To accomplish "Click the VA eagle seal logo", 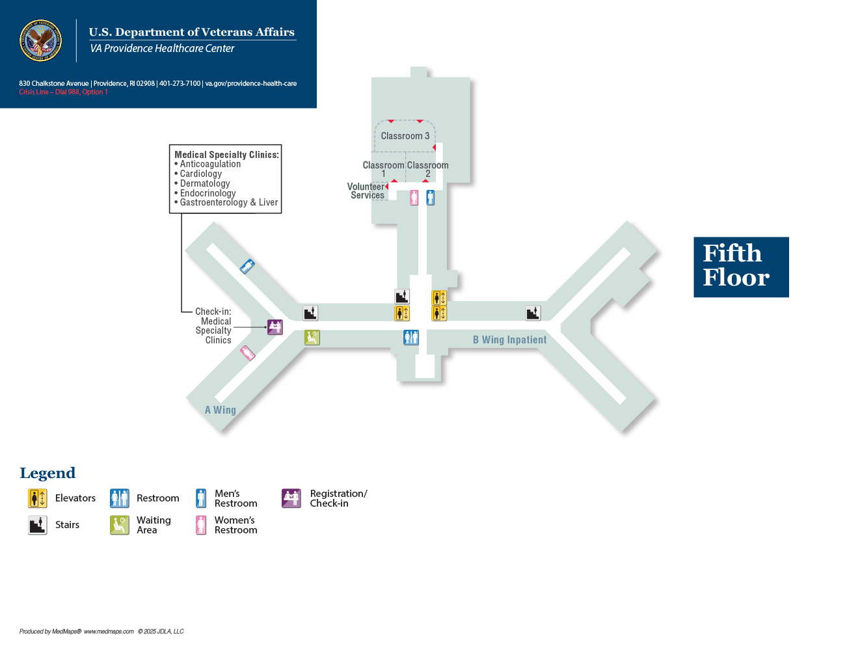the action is pyautogui.click(x=40, y=40).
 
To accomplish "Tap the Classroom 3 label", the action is pyautogui.click(x=405, y=136).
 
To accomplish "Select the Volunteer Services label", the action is pyautogui.click(x=366, y=191).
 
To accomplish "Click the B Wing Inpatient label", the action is pyautogui.click(x=509, y=340).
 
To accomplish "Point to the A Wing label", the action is pyautogui.click(x=220, y=410).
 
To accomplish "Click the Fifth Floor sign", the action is pyautogui.click(x=741, y=267).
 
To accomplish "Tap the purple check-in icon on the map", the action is pyautogui.click(x=275, y=327).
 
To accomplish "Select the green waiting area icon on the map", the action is pyautogui.click(x=312, y=338).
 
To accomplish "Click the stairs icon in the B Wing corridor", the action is pyautogui.click(x=533, y=313).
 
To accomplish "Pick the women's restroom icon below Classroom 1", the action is pyautogui.click(x=414, y=198).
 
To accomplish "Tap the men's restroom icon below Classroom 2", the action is pyautogui.click(x=430, y=198).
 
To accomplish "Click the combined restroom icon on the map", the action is pyautogui.click(x=411, y=338).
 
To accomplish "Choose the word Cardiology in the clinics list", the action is pyautogui.click(x=200, y=174).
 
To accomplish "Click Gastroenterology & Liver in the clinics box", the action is pyautogui.click(x=229, y=202).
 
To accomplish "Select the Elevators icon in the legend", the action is pyautogui.click(x=37, y=498).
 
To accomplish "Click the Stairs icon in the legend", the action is pyautogui.click(x=37, y=525).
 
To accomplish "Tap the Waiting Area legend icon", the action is pyautogui.click(x=120, y=525).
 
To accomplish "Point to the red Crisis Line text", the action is pyautogui.click(x=63, y=92).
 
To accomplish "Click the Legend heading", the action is pyautogui.click(x=47, y=473).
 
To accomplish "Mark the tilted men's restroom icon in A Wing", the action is pyautogui.click(x=247, y=267).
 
